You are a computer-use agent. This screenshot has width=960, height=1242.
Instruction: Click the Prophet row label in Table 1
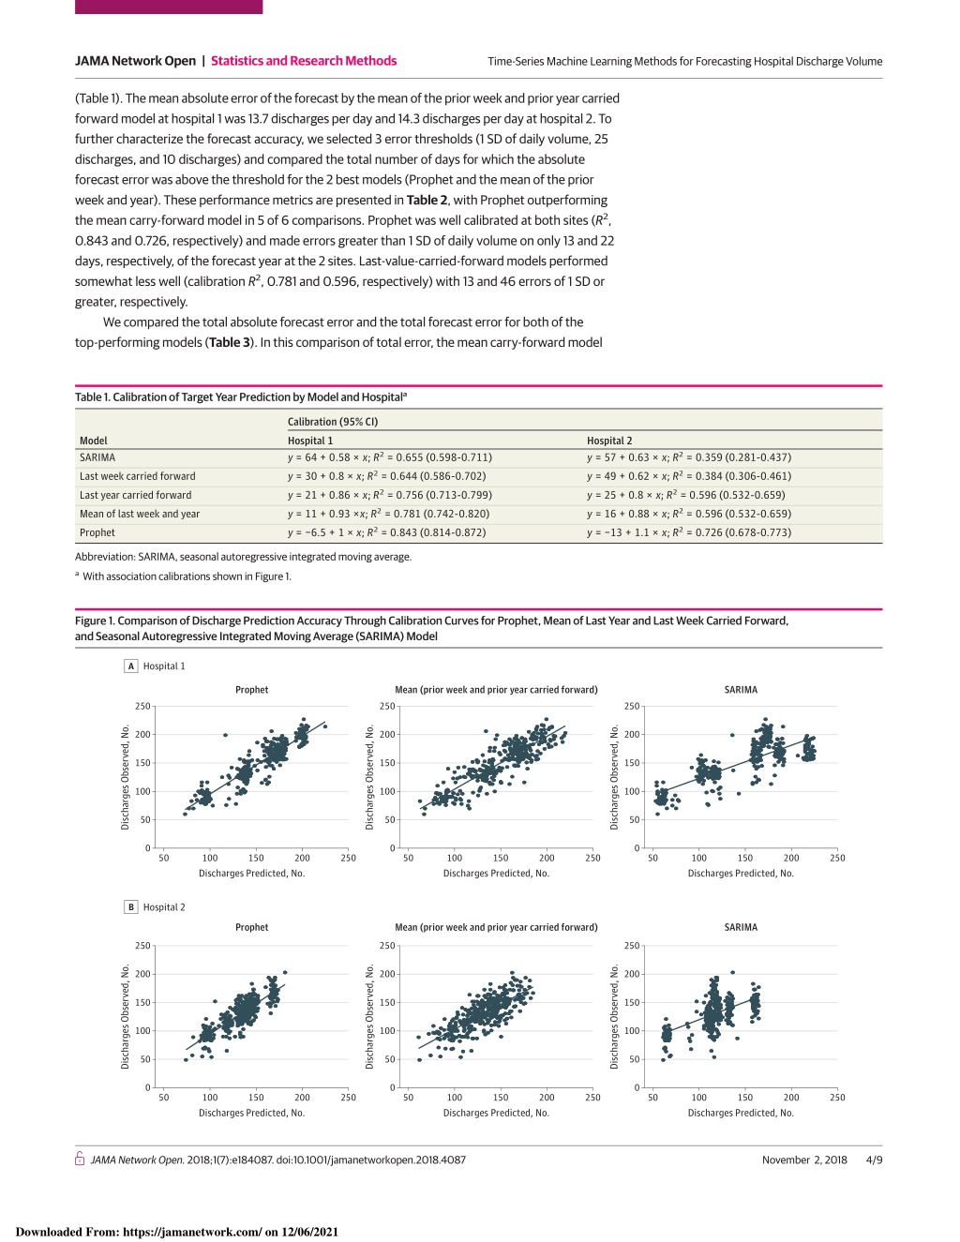tap(97, 532)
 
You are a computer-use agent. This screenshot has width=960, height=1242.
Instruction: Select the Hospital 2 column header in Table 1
tap(609, 441)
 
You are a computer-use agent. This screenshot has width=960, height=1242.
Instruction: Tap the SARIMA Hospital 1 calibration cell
tap(390, 457)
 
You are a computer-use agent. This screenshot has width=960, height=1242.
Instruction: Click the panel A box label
tap(131, 666)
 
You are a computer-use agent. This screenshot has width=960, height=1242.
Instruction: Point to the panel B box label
tap(131, 907)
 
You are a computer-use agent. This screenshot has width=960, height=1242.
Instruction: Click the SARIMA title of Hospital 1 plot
tap(741, 690)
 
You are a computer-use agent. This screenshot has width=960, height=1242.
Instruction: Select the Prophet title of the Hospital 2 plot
tap(251, 927)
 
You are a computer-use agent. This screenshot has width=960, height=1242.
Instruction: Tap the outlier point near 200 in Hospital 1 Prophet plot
tap(225, 735)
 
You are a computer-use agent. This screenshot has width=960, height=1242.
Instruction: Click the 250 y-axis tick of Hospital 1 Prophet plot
tap(142, 707)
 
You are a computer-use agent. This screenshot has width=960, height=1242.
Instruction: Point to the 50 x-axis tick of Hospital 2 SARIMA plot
tap(652, 1098)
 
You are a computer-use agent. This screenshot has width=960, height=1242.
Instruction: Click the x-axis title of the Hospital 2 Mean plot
tap(496, 1113)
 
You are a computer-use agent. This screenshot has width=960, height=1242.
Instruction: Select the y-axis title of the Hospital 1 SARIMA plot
tap(614, 777)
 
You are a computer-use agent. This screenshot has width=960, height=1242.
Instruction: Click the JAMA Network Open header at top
tap(135, 61)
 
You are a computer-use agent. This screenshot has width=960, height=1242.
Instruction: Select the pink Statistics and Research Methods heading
tap(304, 61)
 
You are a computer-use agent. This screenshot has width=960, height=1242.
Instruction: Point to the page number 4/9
tap(875, 1160)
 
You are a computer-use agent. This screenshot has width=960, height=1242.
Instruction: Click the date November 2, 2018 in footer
tap(804, 1160)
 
